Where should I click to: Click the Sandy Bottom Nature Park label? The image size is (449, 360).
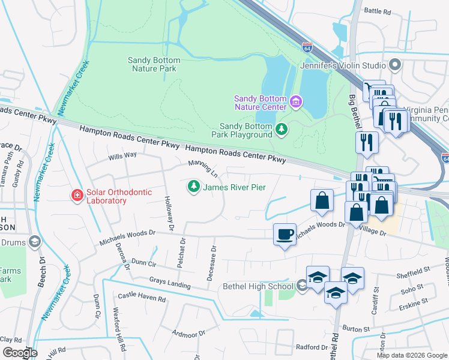[x=152, y=64]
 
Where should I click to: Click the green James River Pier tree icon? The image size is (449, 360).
[x=193, y=187]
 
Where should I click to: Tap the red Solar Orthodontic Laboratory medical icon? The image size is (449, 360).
[x=76, y=196]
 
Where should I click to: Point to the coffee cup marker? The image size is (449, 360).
[x=285, y=233]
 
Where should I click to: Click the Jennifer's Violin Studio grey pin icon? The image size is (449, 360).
[x=395, y=64]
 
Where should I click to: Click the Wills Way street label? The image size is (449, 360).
[x=122, y=156]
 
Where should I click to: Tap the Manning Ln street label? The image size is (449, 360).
[x=202, y=168]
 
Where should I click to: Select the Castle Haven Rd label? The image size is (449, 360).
[x=141, y=297]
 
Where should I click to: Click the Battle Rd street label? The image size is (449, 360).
[x=378, y=11]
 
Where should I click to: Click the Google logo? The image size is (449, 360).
[x=20, y=352]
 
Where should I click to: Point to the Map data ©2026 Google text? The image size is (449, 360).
[x=411, y=355]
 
